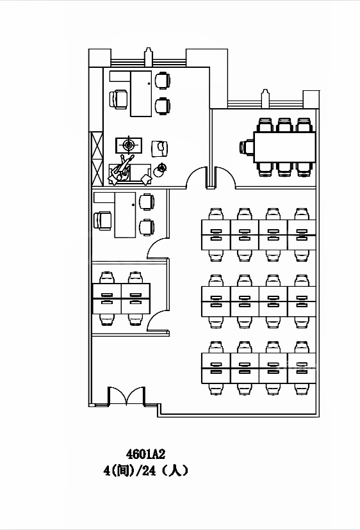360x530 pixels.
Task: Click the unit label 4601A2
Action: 145,454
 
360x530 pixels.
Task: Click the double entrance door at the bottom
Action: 127,396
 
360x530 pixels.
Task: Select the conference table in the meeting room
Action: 284,147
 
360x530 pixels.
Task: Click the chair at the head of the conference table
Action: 247,147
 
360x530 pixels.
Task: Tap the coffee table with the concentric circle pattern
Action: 129,145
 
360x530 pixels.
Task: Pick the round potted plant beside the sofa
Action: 160,170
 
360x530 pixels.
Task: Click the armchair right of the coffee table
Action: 160,149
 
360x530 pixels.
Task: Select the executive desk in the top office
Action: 141,93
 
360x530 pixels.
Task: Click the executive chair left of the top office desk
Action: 119,99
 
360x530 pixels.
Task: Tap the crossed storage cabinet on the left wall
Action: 97,159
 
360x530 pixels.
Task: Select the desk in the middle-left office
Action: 125,215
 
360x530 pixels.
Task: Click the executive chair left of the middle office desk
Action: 103,221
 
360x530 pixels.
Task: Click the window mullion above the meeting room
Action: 265,99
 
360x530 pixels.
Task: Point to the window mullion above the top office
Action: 148,57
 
